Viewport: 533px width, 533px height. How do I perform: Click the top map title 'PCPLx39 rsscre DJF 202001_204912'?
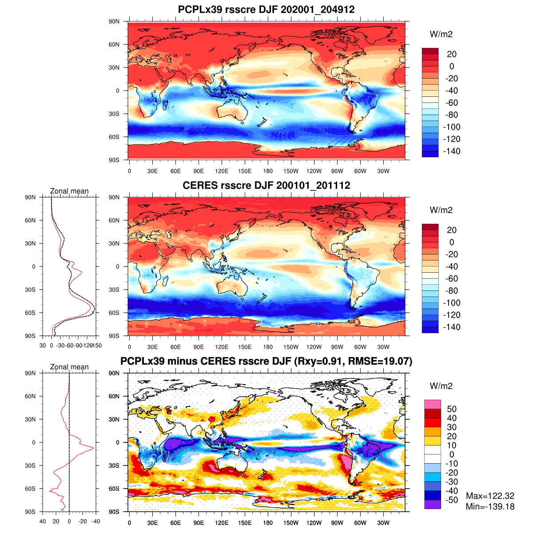click(x=266, y=9)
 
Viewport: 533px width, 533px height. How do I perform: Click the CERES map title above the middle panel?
click(x=266, y=185)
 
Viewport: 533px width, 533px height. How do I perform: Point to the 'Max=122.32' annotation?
click(x=490, y=496)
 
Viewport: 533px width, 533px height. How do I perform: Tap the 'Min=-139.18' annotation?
click(x=490, y=506)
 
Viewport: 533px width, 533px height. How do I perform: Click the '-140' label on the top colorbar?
click(x=452, y=151)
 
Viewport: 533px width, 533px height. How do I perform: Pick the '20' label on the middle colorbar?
click(x=452, y=230)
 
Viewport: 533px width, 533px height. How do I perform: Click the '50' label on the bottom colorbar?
click(x=452, y=409)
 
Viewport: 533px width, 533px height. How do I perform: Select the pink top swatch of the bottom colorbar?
click(x=433, y=404)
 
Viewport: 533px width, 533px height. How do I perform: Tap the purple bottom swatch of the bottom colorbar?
click(x=433, y=505)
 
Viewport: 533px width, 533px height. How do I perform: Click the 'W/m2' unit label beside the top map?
click(x=441, y=35)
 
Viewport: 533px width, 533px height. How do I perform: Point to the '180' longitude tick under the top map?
click(x=268, y=171)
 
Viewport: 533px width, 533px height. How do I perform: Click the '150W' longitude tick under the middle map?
click(x=291, y=347)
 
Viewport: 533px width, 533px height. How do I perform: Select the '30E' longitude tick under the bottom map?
click(x=152, y=523)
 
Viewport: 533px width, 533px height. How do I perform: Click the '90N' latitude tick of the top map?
click(x=114, y=21)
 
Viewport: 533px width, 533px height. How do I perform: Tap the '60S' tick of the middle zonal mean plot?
click(x=30, y=313)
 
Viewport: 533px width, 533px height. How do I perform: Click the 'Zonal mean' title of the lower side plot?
click(x=69, y=367)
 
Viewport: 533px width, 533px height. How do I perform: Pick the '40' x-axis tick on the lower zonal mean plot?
click(x=43, y=521)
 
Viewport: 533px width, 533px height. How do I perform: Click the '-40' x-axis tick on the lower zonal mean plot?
click(x=95, y=521)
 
